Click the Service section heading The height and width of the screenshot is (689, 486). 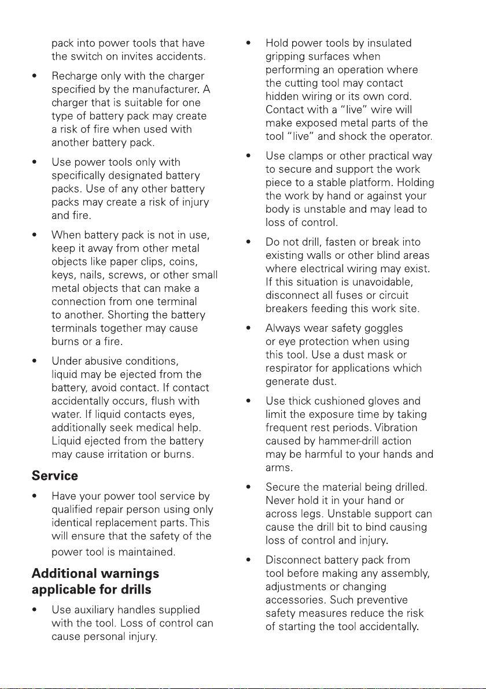54,476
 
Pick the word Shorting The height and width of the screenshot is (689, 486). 115,315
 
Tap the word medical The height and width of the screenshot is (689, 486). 162,428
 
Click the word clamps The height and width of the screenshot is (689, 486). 306,156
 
